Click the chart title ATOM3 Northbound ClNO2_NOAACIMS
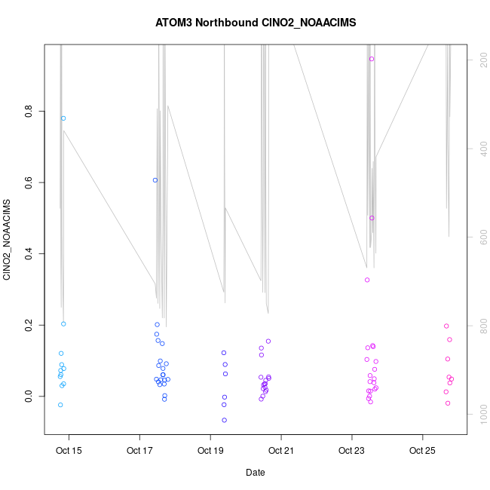pos(256,23)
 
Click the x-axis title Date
pos(256,473)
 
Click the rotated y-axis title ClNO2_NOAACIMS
pos(7,240)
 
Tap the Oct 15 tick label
pos(69,452)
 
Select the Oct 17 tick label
pos(139,452)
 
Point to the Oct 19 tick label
pos(210,452)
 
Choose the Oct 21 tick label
pos(281,452)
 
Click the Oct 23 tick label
pos(351,452)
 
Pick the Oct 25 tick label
pos(422,452)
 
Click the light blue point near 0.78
pos(63,118)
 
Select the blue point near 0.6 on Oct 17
pos(155,180)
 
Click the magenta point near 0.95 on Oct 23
pos(372,59)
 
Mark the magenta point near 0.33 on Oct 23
pos(367,280)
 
